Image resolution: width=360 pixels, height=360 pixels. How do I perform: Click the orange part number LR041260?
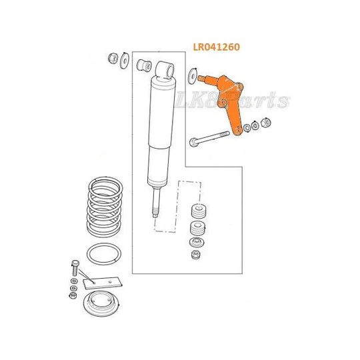click(216, 47)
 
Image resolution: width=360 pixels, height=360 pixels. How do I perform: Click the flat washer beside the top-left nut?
click(125, 61)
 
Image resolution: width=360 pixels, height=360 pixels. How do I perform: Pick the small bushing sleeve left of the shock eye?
click(144, 65)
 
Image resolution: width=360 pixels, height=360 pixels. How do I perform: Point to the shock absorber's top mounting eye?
click(165, 69)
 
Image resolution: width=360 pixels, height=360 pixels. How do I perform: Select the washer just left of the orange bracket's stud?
click(192, 76)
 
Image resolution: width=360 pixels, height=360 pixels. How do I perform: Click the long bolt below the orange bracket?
click(209, 139)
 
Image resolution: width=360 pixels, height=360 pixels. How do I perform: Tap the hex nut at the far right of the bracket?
click(266, 122)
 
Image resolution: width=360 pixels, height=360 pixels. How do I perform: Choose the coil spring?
click(105, 207)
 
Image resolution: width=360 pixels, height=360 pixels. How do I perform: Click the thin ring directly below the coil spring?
click(104, 254)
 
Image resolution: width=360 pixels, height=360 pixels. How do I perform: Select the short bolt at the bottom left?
click(75, 268)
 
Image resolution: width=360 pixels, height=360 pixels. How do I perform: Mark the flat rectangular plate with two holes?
click(103, 283)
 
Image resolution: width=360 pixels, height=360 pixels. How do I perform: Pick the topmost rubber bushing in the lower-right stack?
click(199, 211)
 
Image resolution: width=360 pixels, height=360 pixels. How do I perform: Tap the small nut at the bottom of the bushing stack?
click(196, 255)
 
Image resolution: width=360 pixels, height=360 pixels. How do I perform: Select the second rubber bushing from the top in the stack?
click(197, 228)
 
